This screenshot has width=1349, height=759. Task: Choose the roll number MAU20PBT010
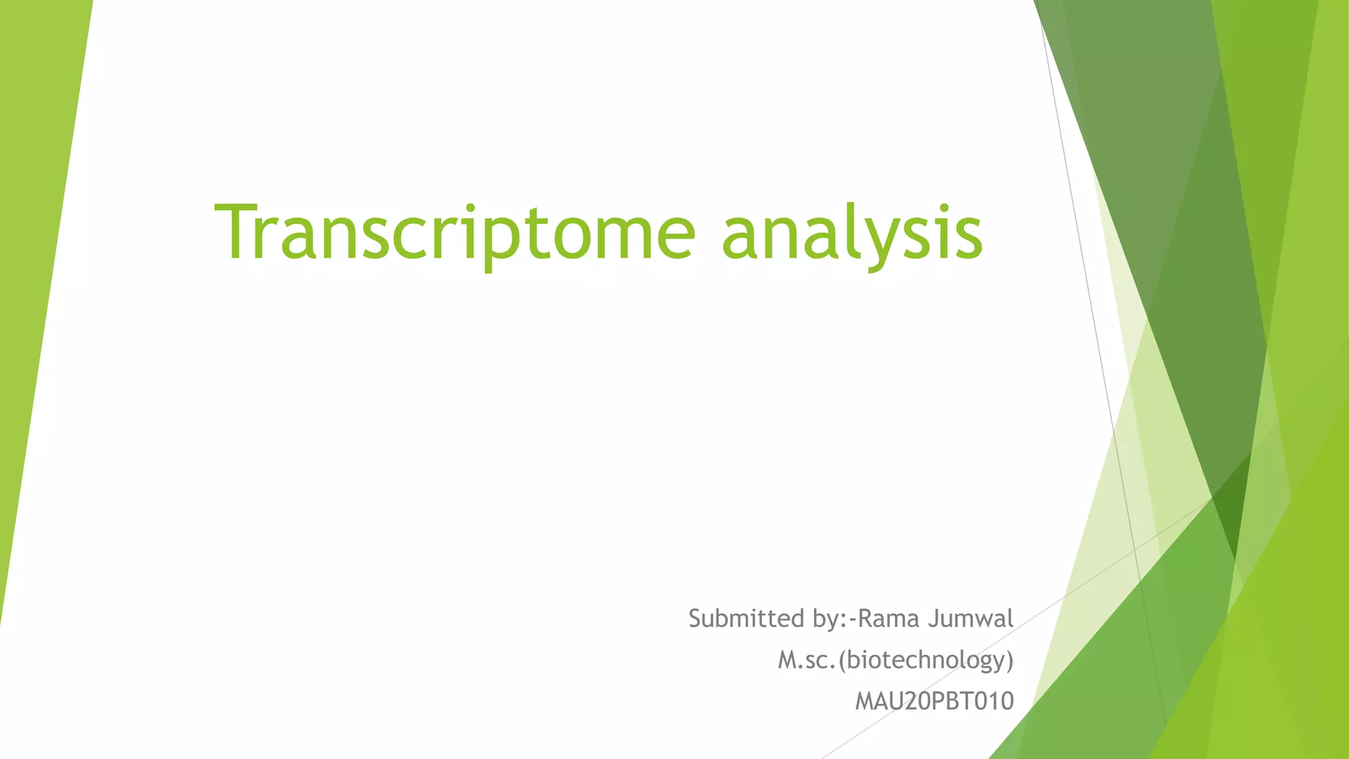[934, 701]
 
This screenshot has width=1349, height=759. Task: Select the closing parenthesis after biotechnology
[1009, 660]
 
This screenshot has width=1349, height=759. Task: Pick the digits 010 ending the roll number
[994, 701]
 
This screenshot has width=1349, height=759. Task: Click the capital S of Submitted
[696, 619]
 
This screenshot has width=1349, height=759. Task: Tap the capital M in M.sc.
[788, 660]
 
